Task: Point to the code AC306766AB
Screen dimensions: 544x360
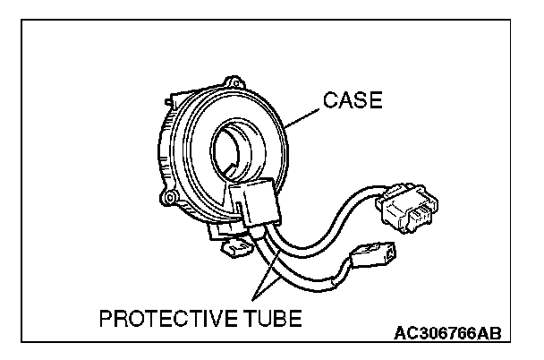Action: coord(447,333)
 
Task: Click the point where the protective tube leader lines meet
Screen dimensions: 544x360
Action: coord(255,296)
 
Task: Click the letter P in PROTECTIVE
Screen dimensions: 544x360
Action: coord(105,318)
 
